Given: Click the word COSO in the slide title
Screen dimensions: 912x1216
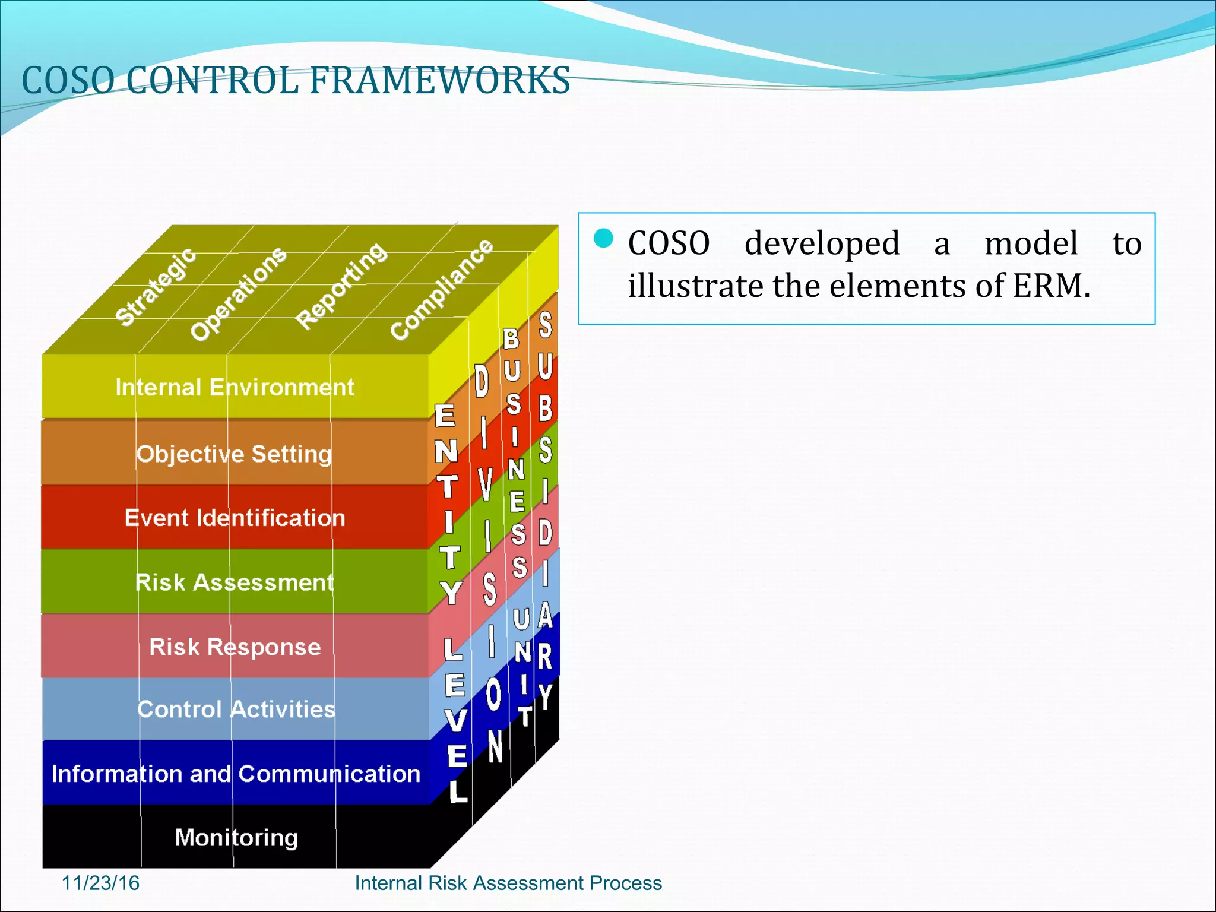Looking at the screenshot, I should pyautogui.click(x=68, y=81).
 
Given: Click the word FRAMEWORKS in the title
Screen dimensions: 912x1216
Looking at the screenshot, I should pyautogui.click(x=439, y=81).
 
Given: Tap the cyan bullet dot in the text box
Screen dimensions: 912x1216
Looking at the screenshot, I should pyautogui.click(x=603, y=238).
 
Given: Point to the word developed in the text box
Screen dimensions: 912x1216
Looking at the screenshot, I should pyautogui.click(x=822, y=243).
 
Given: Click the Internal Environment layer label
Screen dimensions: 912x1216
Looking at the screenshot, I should pyautogui.click(x=235, y=388).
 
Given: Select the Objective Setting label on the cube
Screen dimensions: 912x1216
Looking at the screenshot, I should pyautogui.click(x=234, y=454).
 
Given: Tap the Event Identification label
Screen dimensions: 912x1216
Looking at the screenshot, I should pyautogui.click(x=235, y=518).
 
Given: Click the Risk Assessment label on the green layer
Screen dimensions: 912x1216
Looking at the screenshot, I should pyautogui.click(x=235, y=582).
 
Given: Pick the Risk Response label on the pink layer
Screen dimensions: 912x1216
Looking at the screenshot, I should pyautogui.click(x=235, y=647).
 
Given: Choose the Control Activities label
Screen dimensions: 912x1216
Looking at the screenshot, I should pyautogui.click(x=236, y=710).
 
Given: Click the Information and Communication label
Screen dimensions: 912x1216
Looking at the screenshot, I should pyautogui.click(x=236, y=774).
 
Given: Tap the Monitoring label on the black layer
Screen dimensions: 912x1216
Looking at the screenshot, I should pyautogui.click(x=236, y=838).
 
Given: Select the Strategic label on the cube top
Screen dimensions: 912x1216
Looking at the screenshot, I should pyautogui.click(x=155, y=287).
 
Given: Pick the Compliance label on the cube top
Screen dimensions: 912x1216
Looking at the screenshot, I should pyautogui.click(x=441, y=289).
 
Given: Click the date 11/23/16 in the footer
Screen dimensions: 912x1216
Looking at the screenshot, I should pyautogui.click(x=100, y=883).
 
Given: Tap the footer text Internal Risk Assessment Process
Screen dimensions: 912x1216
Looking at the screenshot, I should pyautogui.click(x=508, y=883).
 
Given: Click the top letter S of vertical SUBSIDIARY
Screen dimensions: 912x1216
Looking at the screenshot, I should pyautogui.click(x=545, y=325).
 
